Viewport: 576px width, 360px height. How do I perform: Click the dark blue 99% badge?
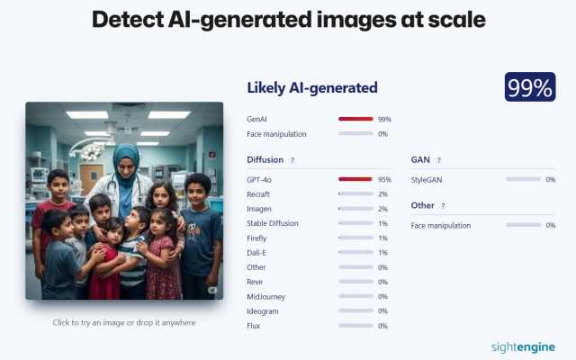tap(530, 87)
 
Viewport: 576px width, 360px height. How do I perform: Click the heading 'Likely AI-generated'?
tap(312, 88)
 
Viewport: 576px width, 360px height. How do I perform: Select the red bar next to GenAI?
tap(355, 119)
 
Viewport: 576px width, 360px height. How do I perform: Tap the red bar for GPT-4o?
tap(355, 179)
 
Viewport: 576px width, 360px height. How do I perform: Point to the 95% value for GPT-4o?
tap(384, 180)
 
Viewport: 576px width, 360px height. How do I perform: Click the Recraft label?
tap(258, 194)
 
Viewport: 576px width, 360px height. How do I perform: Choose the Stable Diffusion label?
tap(273, 223)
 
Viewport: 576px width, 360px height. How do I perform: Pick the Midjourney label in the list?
tap(266, 297)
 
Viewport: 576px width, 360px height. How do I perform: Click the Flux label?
tap(254, 326)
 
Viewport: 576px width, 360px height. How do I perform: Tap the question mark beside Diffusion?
tap(292, 160)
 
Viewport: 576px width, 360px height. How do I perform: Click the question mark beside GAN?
tap(438, 160)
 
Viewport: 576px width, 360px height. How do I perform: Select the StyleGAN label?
tap(427, 180)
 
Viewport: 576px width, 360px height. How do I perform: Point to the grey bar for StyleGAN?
tap(523, 179)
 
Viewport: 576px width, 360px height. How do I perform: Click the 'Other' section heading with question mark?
tap(428, 205)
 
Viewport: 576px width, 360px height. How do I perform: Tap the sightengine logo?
tap(523, 347)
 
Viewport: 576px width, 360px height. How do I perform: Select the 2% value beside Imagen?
tap(382, 209)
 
